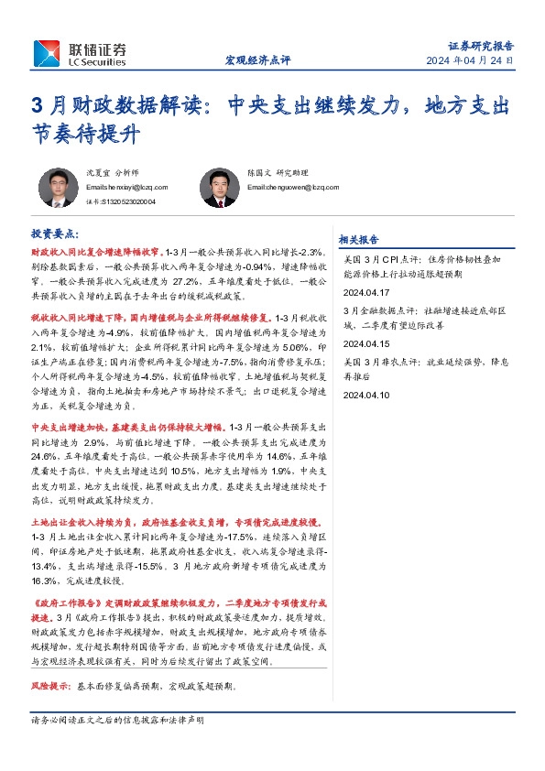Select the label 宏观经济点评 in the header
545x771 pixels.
[x=257, y=61]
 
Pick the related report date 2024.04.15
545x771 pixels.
[x=365, y=342]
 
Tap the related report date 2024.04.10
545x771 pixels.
[x=365, y=395]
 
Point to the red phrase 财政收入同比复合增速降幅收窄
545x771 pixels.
[x=96, y=251]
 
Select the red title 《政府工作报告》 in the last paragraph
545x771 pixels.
[x=63, y=604]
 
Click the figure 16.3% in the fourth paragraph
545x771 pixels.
[x=45, y=581]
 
